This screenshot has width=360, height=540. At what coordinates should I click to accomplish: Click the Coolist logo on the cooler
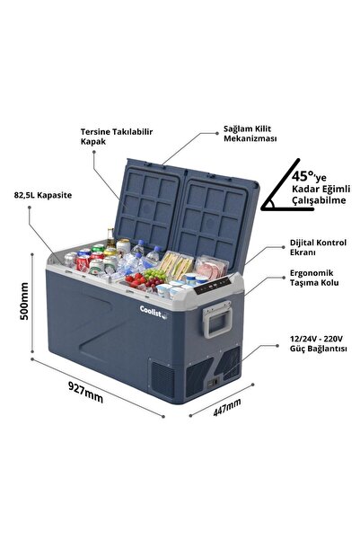point(154,312)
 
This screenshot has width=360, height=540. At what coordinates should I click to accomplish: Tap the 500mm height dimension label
point(24,301)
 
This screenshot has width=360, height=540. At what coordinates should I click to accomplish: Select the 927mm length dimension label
point(85,392)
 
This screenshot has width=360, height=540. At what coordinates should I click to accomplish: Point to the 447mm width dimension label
point(227,407)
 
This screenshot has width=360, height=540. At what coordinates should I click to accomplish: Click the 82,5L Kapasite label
point(43,195)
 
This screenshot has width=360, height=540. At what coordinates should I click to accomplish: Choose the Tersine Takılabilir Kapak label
point(117,137)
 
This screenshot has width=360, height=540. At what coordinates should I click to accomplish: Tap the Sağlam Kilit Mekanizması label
point(250,134)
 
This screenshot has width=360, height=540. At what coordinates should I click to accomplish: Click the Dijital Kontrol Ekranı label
point(318,247)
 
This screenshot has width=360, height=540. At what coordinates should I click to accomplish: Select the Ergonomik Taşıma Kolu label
point(314,278)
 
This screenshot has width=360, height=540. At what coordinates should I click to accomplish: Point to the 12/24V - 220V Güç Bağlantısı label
point(318,344)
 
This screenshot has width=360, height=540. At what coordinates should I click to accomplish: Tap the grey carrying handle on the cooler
point(217,320)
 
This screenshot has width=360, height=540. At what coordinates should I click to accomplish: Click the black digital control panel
point(213,286)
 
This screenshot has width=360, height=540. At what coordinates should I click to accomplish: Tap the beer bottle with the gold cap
point(110,238)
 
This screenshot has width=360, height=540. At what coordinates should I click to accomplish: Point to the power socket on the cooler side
point(213,382)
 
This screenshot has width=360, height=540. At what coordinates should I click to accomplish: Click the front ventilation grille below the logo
point(162,379)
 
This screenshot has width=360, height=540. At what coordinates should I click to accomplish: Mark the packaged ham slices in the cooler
point(211,267)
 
